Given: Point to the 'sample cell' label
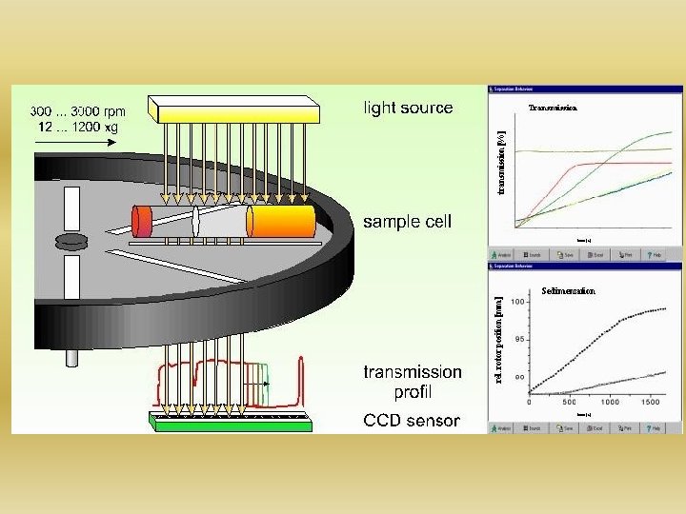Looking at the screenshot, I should coord(407,222).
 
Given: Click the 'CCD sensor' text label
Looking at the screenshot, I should coord(411,420).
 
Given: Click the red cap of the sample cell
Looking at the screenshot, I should coord(142,222).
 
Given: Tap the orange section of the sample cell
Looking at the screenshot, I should coord(281,222).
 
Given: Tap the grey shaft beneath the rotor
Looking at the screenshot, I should coord(71,358).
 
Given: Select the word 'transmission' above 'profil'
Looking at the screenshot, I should coord(413,372).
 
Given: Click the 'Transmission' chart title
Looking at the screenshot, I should coord(553,109).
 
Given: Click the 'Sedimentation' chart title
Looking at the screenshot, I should coord(568,291).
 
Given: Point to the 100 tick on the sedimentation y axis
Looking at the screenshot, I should coord(518,302).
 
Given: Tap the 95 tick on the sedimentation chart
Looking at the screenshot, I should coord(520,339).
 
